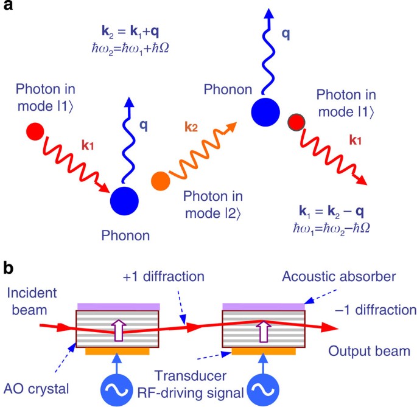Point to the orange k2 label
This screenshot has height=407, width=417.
pyautogui.click(x=192, y=130)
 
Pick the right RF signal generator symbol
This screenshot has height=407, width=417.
pyautogui.click(x=264, y=388)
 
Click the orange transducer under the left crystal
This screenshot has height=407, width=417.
pyautogui.click(x=117, y=351)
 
